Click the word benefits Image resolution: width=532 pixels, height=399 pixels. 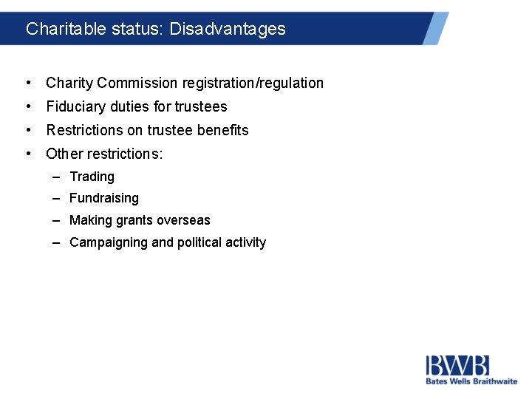click(223, 130)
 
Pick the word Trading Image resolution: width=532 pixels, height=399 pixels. click(92, 177)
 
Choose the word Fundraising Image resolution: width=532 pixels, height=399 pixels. click(103, 198)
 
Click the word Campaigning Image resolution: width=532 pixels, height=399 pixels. click(109, 242)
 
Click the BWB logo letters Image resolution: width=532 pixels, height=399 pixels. click(457, 366)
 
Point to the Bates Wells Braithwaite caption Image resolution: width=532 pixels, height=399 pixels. click(471, 381)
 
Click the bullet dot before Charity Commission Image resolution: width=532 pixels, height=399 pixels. click(27, 83)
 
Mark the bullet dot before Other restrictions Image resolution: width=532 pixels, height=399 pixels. click(27, 154)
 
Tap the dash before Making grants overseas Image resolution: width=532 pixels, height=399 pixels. click(56, 220)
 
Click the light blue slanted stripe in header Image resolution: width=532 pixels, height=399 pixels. click(435, 28)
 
